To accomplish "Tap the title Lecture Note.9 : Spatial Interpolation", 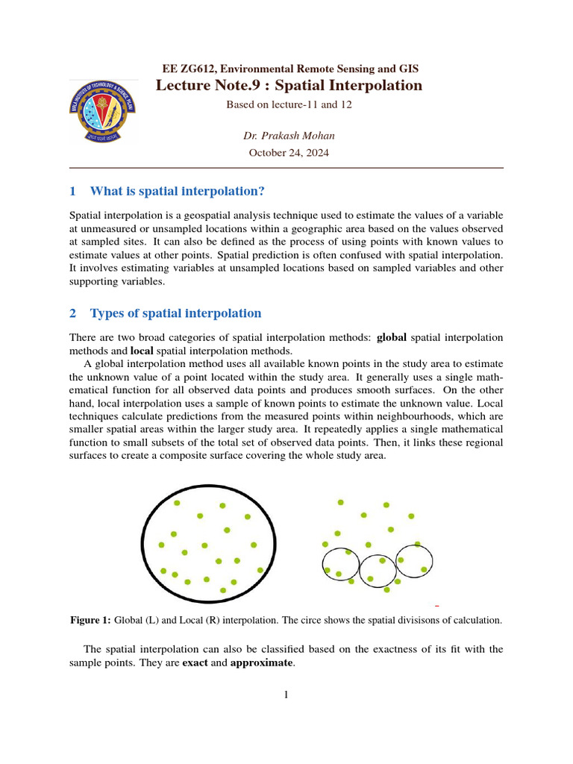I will (289, 85).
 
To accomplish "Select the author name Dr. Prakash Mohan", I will (288, 135).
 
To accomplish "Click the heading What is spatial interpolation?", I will (178, 192).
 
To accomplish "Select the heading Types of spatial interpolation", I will (175, 313).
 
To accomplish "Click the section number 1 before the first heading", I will (72, 192).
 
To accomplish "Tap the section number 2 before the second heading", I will (72, 313).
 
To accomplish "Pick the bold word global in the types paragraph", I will (392, 337).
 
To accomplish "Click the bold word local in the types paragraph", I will (142, 351).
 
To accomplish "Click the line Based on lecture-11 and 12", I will (288, 104).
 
